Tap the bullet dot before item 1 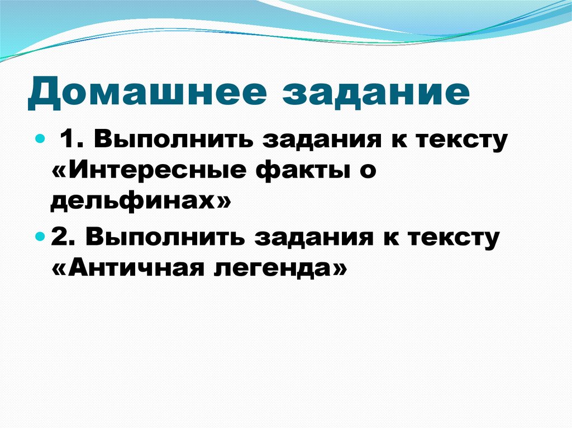[40, 137]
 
